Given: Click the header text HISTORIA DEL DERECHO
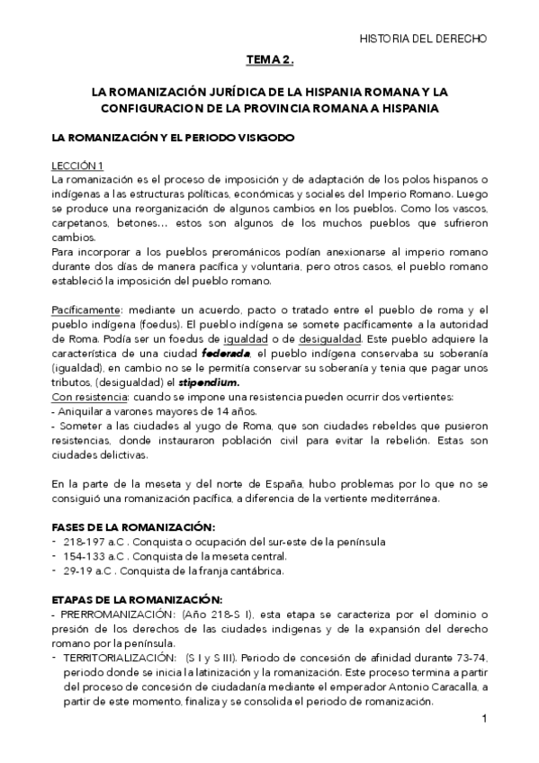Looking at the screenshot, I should point(423,39).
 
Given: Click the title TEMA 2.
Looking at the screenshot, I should point(270,60).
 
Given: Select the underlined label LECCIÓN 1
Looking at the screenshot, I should point(77,165).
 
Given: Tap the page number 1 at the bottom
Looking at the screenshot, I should point(483,719).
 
